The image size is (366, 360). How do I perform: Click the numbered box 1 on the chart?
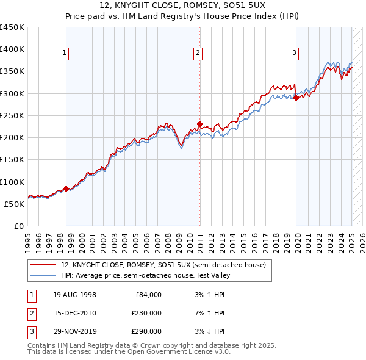click(x=64, y=54)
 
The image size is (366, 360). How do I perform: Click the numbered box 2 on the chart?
click(x=198, y=54)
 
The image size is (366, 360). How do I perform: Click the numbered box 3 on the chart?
click(x=294, y=54)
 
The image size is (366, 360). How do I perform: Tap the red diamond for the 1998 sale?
click(x=66, y=189)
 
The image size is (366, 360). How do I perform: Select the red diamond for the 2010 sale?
click(x=199, y=124)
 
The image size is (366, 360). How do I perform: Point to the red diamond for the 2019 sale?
click(x=296, y=98)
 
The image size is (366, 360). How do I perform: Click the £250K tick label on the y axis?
click(x=12, y=115)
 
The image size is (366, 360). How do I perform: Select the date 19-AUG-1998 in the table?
click(x=71, y=295)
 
